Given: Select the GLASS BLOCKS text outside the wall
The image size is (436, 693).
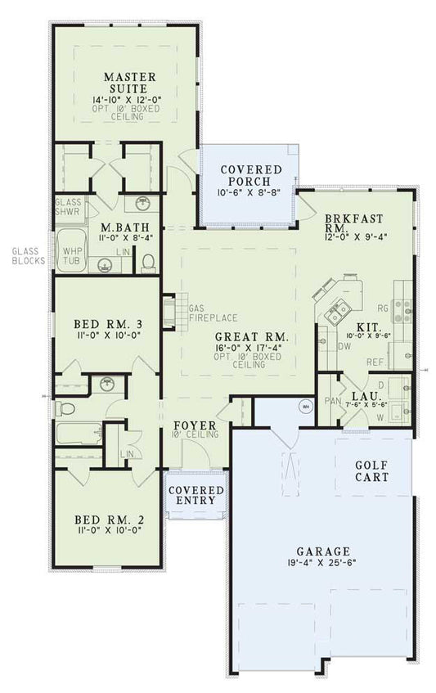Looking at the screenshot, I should tap(27, 256).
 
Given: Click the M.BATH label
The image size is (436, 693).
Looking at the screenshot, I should tap(118, 227).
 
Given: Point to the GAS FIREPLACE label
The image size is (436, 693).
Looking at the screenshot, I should tap(213, 313).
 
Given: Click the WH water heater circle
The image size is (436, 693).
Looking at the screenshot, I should tap(305, 406).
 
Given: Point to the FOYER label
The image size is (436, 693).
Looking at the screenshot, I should tap(195, 426).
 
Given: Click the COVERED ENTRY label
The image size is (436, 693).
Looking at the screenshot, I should tap(196, 495).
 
